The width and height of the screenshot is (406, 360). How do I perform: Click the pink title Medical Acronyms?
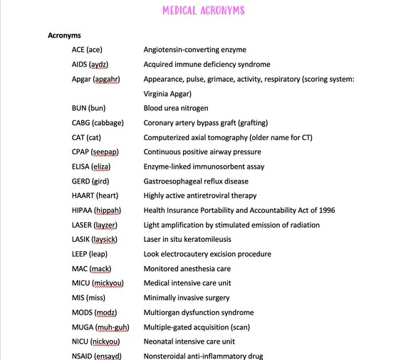point(203,11)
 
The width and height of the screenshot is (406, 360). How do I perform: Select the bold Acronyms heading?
point(64,35)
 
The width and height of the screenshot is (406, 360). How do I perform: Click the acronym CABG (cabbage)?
point(98,122)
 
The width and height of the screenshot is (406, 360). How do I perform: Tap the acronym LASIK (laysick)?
point(96,239)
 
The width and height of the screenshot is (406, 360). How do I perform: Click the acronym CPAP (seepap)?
point(95,152)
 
